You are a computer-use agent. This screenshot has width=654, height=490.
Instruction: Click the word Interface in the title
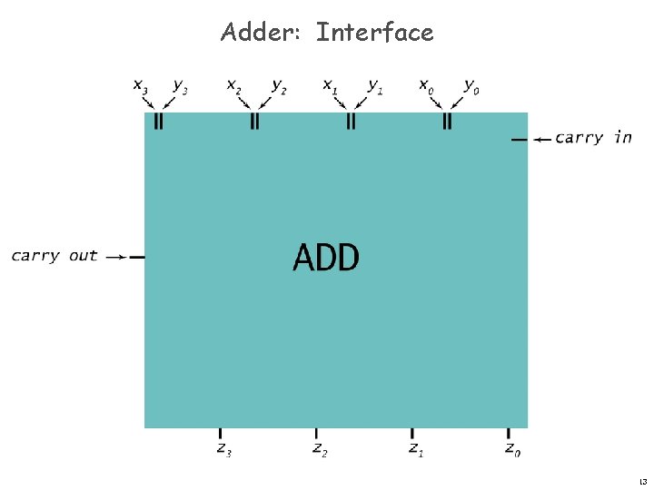[374, 33]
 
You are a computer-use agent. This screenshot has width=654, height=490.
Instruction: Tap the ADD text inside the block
[326, 259]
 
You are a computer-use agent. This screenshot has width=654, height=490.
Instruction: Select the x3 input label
[141, 86]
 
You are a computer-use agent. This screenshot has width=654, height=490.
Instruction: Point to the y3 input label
[181, 86]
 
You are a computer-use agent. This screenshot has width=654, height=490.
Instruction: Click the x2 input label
[234, 86]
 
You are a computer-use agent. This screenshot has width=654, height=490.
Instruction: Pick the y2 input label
[278, 86]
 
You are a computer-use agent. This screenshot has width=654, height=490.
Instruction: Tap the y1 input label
[373, 86]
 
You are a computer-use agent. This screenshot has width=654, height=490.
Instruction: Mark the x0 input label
[425, 86]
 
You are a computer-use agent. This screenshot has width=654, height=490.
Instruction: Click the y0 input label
[471, 86]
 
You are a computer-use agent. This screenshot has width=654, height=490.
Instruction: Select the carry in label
[593, 138]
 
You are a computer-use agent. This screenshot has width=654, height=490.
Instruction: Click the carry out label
[54, 256]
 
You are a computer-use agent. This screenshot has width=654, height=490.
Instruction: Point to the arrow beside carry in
[541, 140]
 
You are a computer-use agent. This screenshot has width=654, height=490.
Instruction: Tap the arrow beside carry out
[115, 257]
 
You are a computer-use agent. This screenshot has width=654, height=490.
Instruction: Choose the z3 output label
[223, 448]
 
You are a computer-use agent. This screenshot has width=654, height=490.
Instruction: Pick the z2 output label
[320, 448]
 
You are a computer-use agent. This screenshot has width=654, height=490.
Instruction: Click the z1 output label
[415, 448]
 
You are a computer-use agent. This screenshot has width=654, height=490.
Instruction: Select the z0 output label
[513, 448]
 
